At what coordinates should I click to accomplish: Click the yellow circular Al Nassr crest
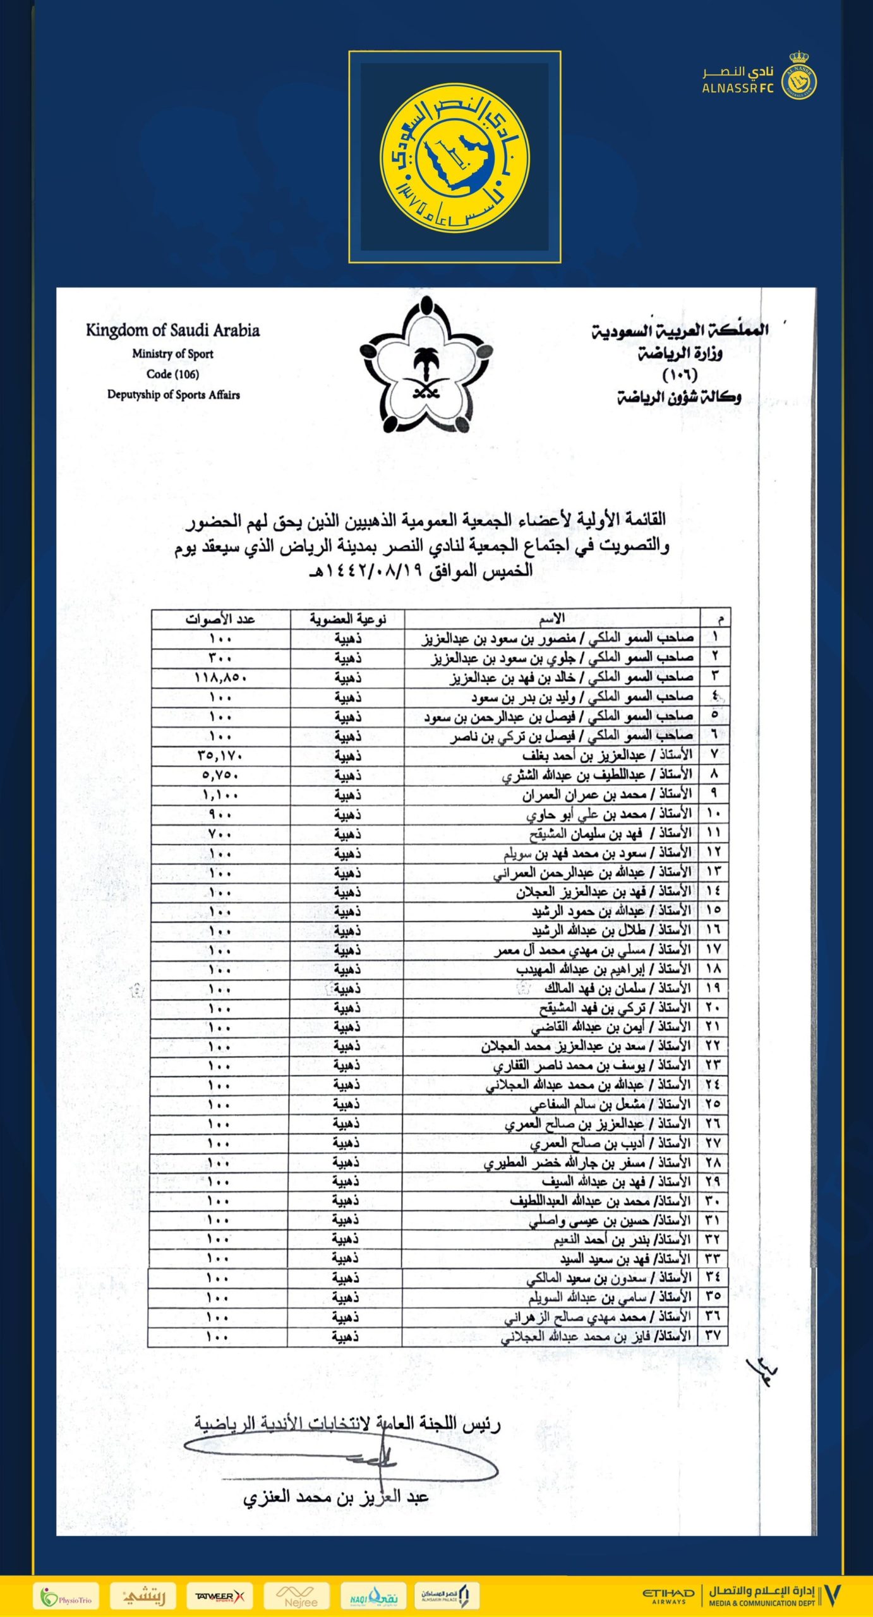click(454, 157)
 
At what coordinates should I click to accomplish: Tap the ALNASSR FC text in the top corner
click(737, 88)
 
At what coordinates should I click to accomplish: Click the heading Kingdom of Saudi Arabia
click(172, 330)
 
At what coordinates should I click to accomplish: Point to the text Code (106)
click(172, 374)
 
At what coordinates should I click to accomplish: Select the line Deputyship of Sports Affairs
click(173, 395)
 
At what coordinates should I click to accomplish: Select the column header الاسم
click(551, 618)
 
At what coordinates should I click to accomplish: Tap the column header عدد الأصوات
click(220, 618)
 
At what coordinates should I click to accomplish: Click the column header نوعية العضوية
click(347, 618)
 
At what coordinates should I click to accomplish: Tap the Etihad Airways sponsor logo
click(668, 1596)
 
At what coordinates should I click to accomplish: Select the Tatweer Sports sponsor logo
click(219, 1596)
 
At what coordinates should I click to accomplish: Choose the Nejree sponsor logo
click(301, 1596)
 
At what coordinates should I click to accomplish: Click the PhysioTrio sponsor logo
click(66, 1596)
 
